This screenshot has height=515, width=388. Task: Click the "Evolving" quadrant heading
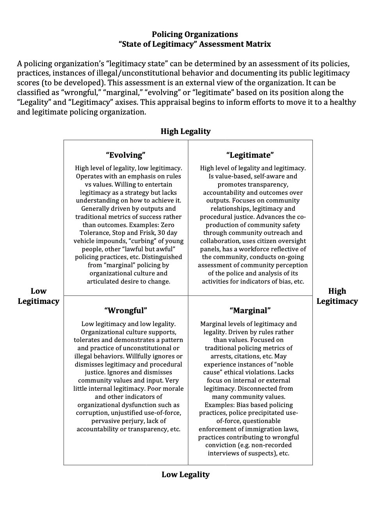[125, 155]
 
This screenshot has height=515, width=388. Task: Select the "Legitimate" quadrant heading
[250, 155]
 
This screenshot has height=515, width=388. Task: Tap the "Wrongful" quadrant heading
[125, 310]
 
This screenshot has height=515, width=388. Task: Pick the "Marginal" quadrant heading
[250, 310]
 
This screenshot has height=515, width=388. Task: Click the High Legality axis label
[185, 131]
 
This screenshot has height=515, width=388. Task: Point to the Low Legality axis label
[185, 474]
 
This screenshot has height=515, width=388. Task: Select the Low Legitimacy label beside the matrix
[38, 296]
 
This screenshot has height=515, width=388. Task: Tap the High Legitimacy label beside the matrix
[337, 296]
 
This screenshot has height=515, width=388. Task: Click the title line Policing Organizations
[194, 34]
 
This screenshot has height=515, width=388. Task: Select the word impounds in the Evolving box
[110, 241]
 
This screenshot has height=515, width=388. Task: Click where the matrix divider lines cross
[188, 296]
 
